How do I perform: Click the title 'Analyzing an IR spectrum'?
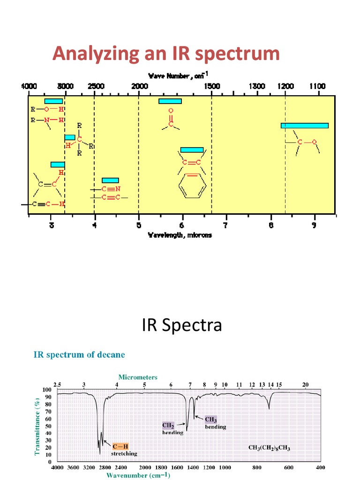(x=166, y=53)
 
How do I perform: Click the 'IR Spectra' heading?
(x=182, y=325)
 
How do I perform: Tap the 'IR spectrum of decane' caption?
(x=79, y=354)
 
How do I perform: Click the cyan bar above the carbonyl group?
(x=170, y=101)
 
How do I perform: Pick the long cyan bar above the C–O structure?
(x=304, y=125)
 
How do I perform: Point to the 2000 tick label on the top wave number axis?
(x=139, y=86)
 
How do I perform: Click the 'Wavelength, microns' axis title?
(x=180, y=235)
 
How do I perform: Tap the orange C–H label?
(x=120, y=446)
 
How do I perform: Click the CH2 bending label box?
(x=168, y=425)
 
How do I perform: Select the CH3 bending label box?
(x=210, y=420)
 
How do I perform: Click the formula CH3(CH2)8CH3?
(x=269, y=448)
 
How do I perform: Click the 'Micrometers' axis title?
(x=138, y=377)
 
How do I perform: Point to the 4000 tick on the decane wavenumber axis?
(x=57, y=468)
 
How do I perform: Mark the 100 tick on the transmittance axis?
(x=47, y=390)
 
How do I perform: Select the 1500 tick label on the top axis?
(x=211, y=86)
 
